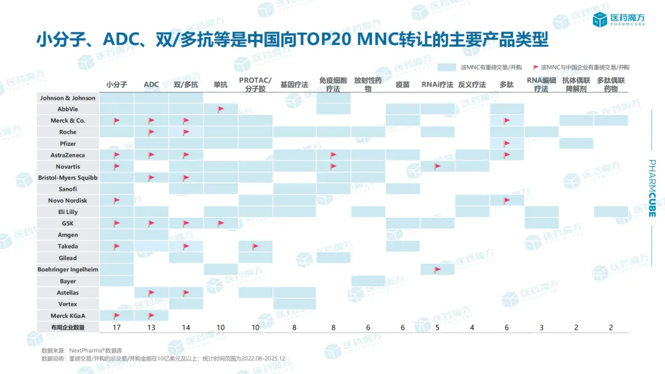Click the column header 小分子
point(116,85)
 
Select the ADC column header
point(151,85)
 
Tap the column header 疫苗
point(403,85)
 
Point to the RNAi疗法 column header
point(437,85)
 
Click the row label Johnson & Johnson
point(68,98)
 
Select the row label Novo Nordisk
point(68,201)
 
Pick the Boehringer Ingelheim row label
point(68,269)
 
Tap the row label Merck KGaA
point(68,316)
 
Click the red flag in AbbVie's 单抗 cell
point(220,109)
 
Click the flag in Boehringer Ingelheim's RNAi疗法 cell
point(438,269)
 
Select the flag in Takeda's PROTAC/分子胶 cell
point(256,246)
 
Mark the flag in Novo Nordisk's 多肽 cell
point(507,201)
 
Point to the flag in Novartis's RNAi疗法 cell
point(438,166)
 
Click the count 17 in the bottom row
point(116,327)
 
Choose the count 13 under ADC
point(151,327)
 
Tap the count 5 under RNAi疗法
point(437,327)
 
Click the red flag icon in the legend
point(536,67)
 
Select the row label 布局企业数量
point(68,327)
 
